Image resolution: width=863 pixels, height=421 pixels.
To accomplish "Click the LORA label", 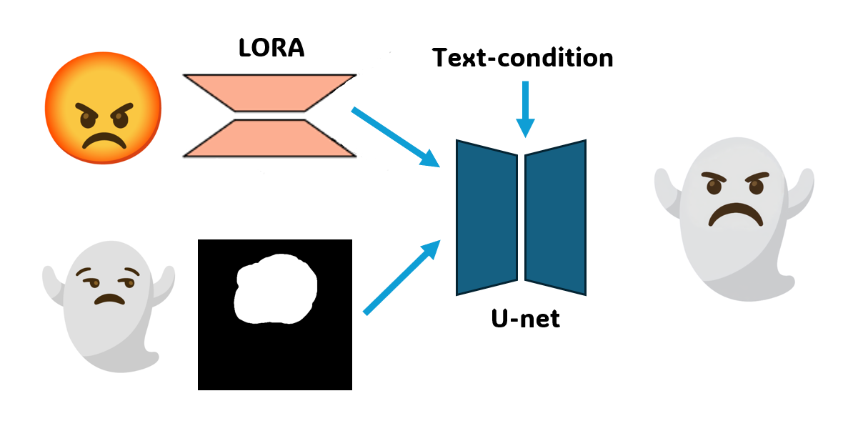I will click(271, 49).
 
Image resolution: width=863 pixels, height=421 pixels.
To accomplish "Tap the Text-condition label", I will click(522, 57).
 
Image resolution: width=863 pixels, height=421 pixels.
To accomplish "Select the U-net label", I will click(525, 319).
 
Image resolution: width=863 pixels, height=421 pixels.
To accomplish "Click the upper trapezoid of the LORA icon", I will click(269, 91).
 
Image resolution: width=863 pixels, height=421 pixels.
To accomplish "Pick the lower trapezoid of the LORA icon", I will click(269, 138).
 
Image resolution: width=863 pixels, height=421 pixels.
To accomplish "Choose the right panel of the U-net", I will click(556, 217).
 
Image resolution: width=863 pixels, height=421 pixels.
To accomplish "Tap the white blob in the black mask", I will click(275, 289).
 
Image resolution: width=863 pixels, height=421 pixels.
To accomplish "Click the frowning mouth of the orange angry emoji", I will click(103, 140).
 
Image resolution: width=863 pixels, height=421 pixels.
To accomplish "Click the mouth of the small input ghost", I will click(109, 298).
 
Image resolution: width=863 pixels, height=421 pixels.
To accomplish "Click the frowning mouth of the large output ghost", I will click(735, 214).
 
